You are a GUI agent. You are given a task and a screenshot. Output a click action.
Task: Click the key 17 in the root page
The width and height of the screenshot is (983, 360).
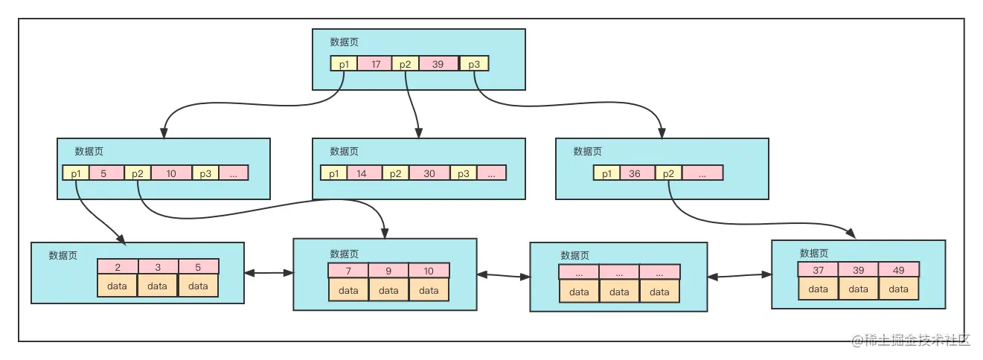point(375,64)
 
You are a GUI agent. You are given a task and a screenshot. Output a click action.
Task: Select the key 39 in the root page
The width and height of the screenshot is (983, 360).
point(438,64)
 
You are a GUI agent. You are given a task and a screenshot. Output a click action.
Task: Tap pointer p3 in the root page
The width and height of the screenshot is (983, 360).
point(474,64)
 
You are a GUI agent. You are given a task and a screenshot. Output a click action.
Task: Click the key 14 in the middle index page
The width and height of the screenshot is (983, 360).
point(362,173)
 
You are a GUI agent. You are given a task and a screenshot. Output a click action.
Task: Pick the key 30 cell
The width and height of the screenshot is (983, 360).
point(429,173)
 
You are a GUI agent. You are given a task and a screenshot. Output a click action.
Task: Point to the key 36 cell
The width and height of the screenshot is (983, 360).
point(635,173)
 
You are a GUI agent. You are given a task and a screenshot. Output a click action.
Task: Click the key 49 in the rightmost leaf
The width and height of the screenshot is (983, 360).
point(899,269)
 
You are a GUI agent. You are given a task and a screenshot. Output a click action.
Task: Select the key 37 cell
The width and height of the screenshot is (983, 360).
point(818,269)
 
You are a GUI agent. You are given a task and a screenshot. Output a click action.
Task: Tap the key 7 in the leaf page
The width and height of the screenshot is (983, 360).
point(348,271)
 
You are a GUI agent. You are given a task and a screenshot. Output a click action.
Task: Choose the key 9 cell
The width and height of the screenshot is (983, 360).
point(388,271)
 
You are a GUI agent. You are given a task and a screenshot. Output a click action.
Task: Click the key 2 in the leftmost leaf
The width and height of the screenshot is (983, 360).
point(118,266)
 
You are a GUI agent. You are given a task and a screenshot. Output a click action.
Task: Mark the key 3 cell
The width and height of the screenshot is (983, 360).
point(158,266)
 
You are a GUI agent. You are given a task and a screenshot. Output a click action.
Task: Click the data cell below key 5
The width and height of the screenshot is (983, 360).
point(198,285)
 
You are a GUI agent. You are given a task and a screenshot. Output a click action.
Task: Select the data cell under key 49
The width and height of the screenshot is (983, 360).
point(899,289)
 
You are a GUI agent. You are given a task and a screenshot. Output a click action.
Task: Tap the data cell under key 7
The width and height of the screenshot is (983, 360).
point(348,290)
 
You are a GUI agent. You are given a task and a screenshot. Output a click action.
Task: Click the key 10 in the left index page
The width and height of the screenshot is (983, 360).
point(171,173)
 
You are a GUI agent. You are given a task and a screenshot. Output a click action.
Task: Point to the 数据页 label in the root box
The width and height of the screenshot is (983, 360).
point(345,42)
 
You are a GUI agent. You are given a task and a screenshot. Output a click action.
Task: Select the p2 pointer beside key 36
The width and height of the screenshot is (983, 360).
point(667,173)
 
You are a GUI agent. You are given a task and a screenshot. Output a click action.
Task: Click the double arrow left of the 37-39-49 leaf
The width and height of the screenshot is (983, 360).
point(740,276)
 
